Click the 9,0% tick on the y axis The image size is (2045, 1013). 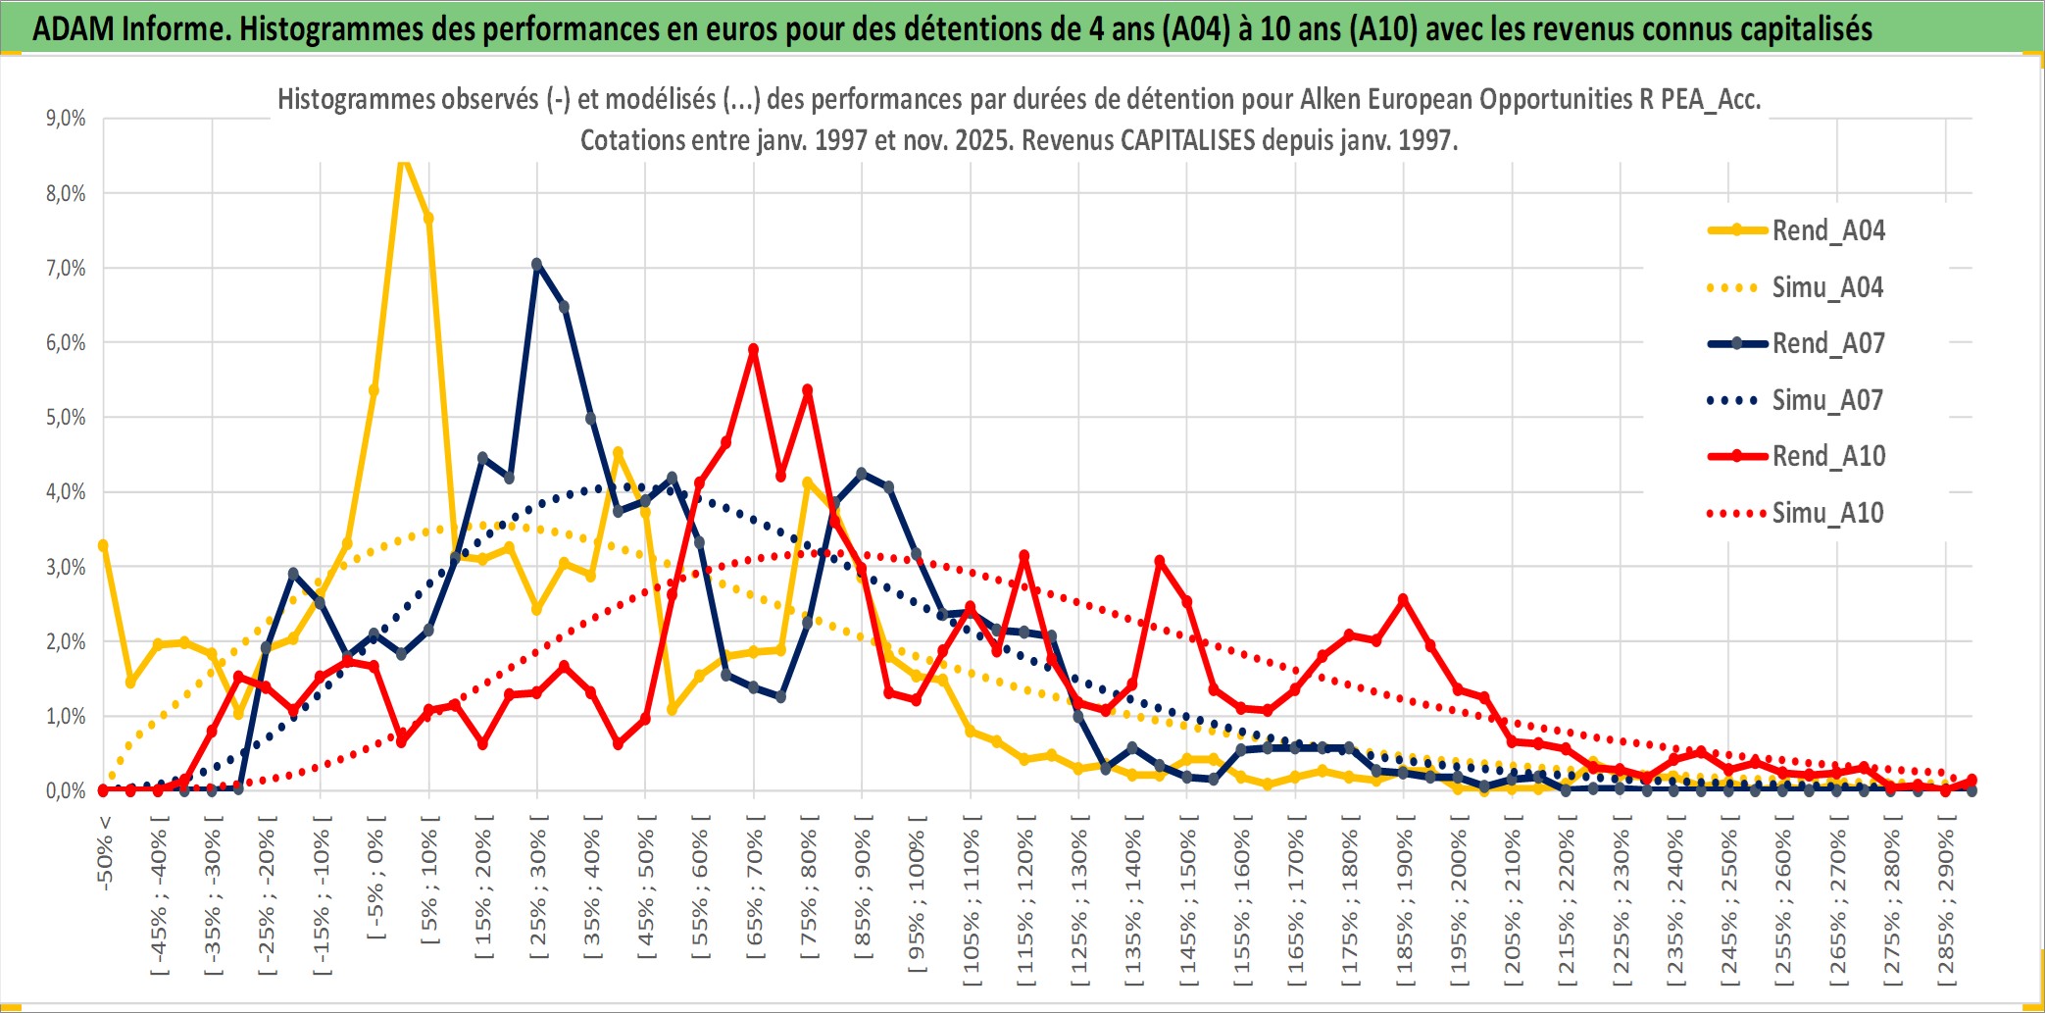click(x=66, y=119)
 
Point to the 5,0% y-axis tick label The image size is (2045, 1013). click(x=66, y=418)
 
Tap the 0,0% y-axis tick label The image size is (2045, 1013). click(x=66, y=791)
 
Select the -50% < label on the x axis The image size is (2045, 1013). click(x=105, y=853)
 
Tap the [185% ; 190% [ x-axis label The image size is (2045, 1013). click(x=1405, y=902)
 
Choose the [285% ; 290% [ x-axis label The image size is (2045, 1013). click(x=1946, y=902)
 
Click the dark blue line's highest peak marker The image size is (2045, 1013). click(x=536, y=264)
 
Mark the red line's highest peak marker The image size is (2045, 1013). click(x=753, y=349)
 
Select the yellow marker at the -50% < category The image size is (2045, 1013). click(x=103, y=545)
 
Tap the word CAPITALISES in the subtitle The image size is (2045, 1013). click(x=1186, y=140)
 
